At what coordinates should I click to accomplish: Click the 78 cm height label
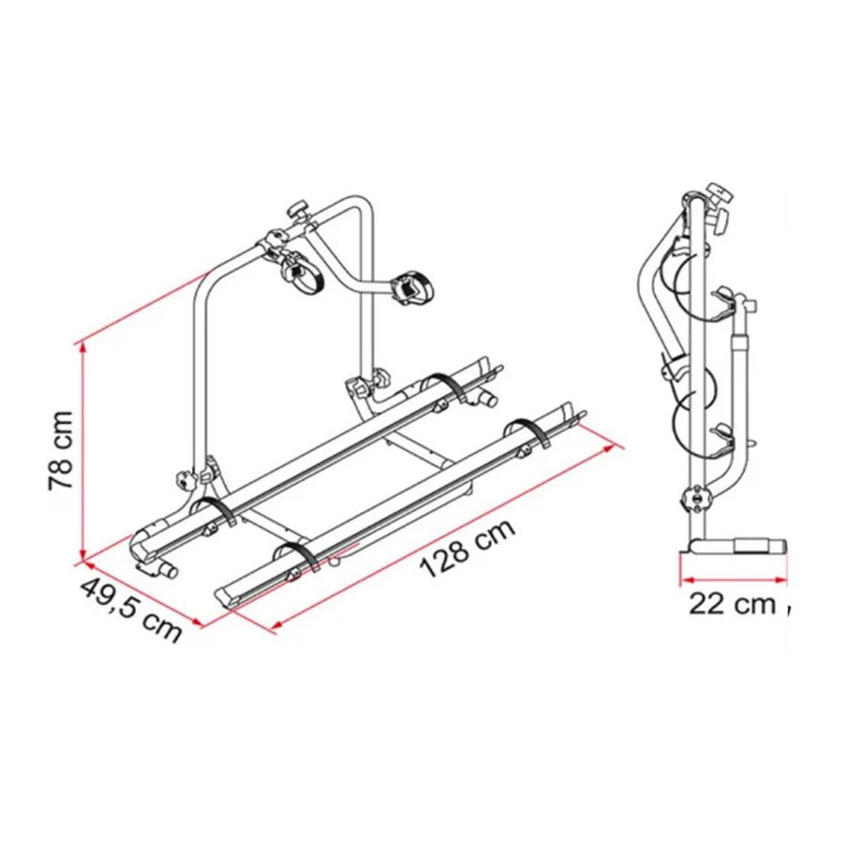pyautogui.click(x=61, y=450)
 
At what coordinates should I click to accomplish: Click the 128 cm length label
pyautogui.click(x=467, y=548)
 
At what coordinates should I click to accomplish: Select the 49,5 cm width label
pyautogui.click(x=130, y=611)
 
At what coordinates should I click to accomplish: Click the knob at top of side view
pyautogui.click(x=718, y=192)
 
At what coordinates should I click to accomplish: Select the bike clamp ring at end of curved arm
pyautogui.click(x=412, y=288)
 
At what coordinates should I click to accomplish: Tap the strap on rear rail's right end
pyautogui.click(x=447, y=388)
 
